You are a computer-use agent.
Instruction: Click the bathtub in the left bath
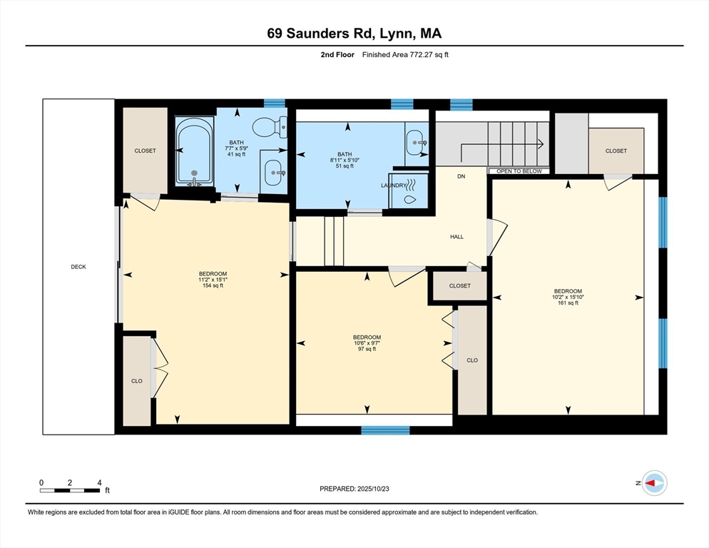pos(195,151)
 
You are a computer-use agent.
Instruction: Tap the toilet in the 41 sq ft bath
pos(270,127)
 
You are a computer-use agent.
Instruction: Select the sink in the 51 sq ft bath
pos(417,142)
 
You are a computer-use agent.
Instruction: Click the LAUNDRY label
pos(394,186)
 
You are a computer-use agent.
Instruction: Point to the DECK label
pos(78,267)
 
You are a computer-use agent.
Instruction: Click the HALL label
pos(456,237)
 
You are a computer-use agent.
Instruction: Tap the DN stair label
pos(461,176)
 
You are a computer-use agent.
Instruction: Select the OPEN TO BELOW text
pos(519,171)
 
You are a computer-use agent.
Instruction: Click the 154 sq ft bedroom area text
pos(213,285)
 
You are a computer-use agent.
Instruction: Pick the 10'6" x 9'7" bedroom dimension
pos(367,343)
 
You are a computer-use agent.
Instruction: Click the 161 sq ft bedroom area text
pos(568,303)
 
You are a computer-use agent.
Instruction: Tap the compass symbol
pos(654,483)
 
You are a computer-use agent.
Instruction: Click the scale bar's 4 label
pos(99,482)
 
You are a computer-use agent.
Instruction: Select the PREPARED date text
pos(354,489)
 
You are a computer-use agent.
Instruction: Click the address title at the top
pos(354,34)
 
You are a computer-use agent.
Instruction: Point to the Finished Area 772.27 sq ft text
pos(405,55)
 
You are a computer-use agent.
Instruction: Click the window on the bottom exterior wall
pos(385,430)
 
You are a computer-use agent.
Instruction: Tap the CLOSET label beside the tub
pos(145,151)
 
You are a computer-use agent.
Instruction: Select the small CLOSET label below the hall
pos(460,286)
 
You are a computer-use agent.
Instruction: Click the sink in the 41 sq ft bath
pos(274,173)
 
